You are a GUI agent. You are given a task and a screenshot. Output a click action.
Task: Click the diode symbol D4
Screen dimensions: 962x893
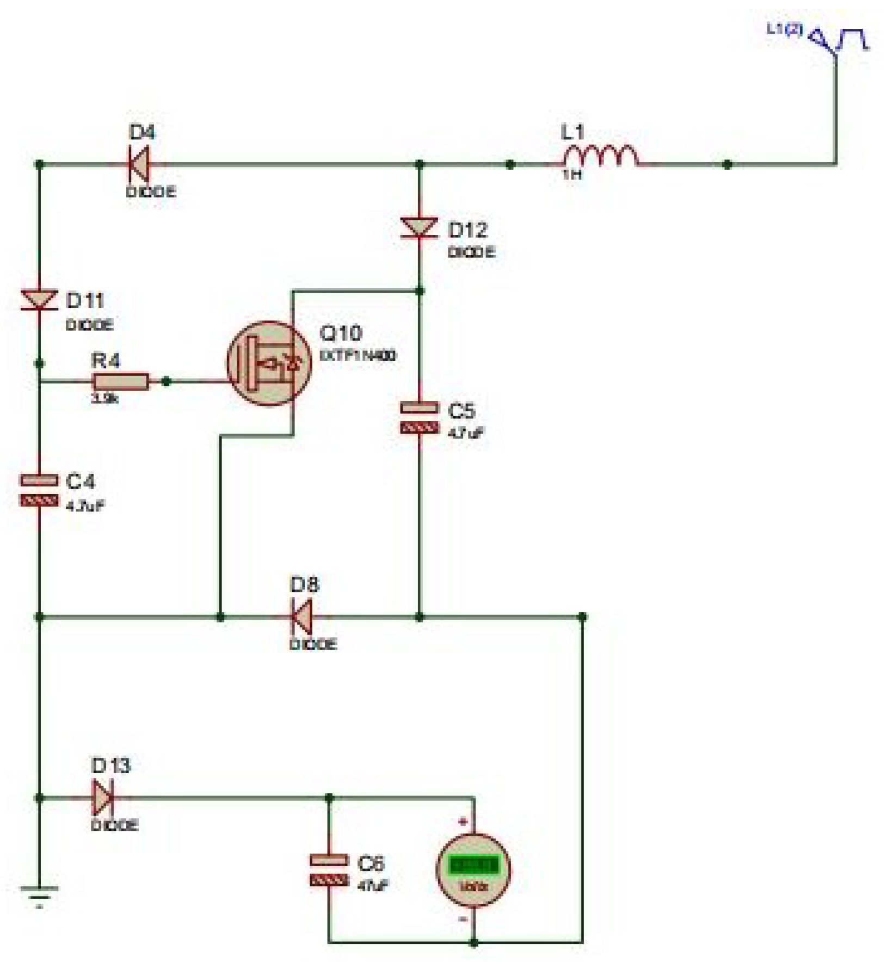pos(139,164)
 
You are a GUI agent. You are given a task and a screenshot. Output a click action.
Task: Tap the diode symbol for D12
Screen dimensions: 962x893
pos(419,228)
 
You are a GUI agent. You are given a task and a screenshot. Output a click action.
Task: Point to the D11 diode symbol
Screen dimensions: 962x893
pos(39,300)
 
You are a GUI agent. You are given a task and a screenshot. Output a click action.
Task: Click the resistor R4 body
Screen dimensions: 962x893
pos(121,381)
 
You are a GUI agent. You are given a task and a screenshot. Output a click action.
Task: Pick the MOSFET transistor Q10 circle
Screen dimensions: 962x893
pos(269,363)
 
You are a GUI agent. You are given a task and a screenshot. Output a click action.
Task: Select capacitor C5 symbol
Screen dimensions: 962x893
pos(419,417)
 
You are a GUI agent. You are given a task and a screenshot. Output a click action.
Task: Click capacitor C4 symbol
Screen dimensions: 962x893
pos(39,490)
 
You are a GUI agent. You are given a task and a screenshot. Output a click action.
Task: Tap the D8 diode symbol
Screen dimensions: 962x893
pos(302,616)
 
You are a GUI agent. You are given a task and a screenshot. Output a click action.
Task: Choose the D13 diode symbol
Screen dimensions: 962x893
pos(103,798)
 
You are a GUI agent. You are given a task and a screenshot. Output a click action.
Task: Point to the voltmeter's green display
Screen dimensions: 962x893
pos(474,865)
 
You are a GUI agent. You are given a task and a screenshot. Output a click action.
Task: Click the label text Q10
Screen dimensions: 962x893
pos(340,333)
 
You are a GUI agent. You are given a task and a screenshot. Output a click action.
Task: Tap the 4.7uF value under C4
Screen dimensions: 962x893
pos(85,506)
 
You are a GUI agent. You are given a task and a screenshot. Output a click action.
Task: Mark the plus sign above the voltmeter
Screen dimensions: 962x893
pos(464,822)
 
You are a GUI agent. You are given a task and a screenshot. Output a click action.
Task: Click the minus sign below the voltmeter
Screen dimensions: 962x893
pos(463,919)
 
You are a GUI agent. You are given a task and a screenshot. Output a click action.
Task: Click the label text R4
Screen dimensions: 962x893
pos(106,360)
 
